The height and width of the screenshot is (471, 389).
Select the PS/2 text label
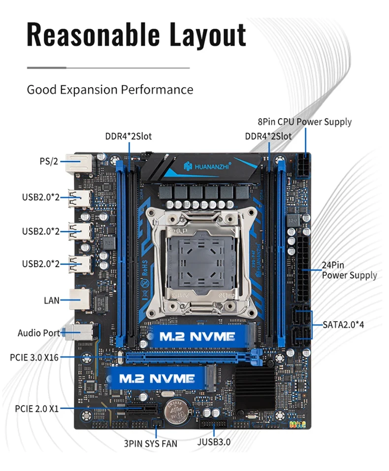coord(49,161)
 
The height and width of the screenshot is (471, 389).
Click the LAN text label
coord(52,299)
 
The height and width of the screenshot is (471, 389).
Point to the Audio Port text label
coord(39,333)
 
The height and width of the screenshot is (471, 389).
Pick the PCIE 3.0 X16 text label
coord(34,357)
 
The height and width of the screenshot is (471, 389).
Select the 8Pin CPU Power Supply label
coord(305,122)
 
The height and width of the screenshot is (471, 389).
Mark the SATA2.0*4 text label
coord(344,325)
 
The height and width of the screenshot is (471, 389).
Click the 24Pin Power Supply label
coord(349,270)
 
